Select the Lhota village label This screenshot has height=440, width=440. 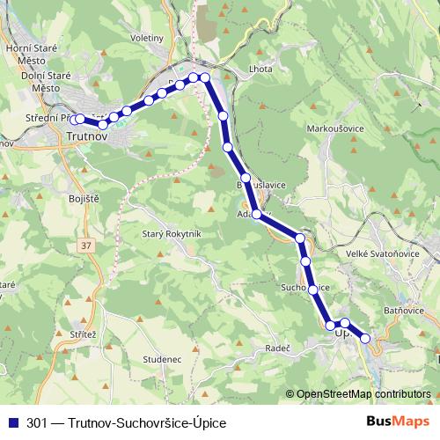coord(261,69)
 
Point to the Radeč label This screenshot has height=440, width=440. coord(278,348)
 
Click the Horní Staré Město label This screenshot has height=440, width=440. coord(31,55)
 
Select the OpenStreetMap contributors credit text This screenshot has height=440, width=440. coord(364,394)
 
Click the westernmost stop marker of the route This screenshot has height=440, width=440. coord(79,119)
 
